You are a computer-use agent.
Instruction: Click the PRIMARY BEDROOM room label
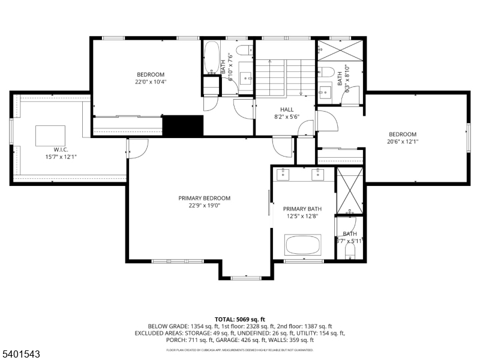[204, 198]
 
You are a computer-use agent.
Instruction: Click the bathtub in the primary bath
[303, 245]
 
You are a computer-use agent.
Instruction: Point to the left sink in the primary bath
[284, 175]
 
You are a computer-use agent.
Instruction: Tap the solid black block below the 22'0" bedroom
[183, 127]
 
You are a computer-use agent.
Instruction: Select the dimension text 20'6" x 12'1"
[402, 142]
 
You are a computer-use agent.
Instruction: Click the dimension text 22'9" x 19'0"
[204, 206]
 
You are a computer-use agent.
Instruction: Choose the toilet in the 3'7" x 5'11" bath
[350, 250]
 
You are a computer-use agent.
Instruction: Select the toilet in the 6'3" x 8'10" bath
[326, 72]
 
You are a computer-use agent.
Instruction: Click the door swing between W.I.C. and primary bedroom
[137, 149]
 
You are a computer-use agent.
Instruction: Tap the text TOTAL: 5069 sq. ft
[239, 319]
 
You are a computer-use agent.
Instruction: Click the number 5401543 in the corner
[21, 355]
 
